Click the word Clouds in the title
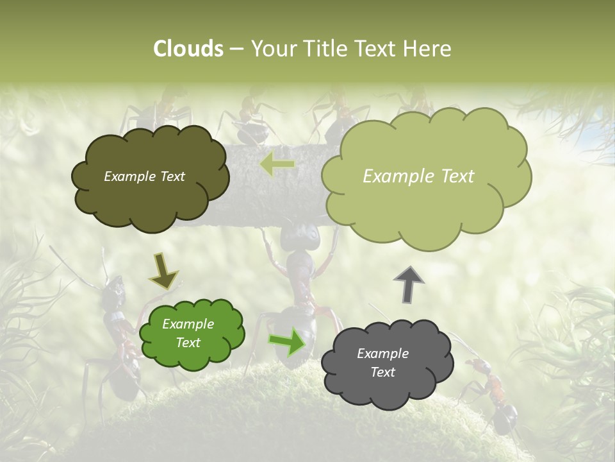pyautogui.click(x=188, y=49)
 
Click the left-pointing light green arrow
pyautogui.click(x=277, y=166)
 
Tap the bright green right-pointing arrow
pyautogui.click(x=286, y=341)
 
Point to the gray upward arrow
pyautogui.click(x=409, y=284)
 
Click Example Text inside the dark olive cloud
pyautogui.click(x=144, y=176)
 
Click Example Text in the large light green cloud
pyautogui.click(x=418, y=176)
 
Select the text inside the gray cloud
pyautogui.click(x=382, y=363)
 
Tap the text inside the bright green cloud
pyautogui.click(x=188, y=334)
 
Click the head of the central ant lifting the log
pyautogui.click(x=301, y=238)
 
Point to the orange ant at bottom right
pyautogui.click(x=493, y=391)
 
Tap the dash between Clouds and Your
pyautogui.click(x=236, y=49)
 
